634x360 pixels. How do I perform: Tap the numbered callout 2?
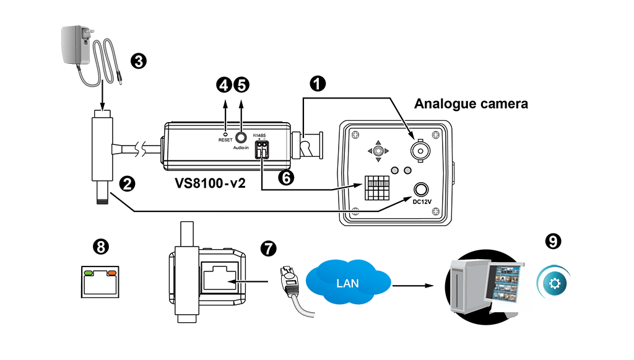[x=127, y=183]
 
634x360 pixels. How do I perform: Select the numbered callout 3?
[x=138, y=61]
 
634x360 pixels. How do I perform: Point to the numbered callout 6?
[x=285, y=177]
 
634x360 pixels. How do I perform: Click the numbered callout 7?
[x=267, y=248]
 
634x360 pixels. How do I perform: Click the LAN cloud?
[x=347, y=283]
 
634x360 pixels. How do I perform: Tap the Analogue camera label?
[x=471, y=103]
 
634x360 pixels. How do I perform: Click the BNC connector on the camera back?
[x=421, y=149]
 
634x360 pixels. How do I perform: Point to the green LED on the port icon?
[x=89, y=272]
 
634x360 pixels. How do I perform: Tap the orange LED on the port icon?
[x=112, y=272]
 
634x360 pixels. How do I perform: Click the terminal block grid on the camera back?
[x=376, y=188]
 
